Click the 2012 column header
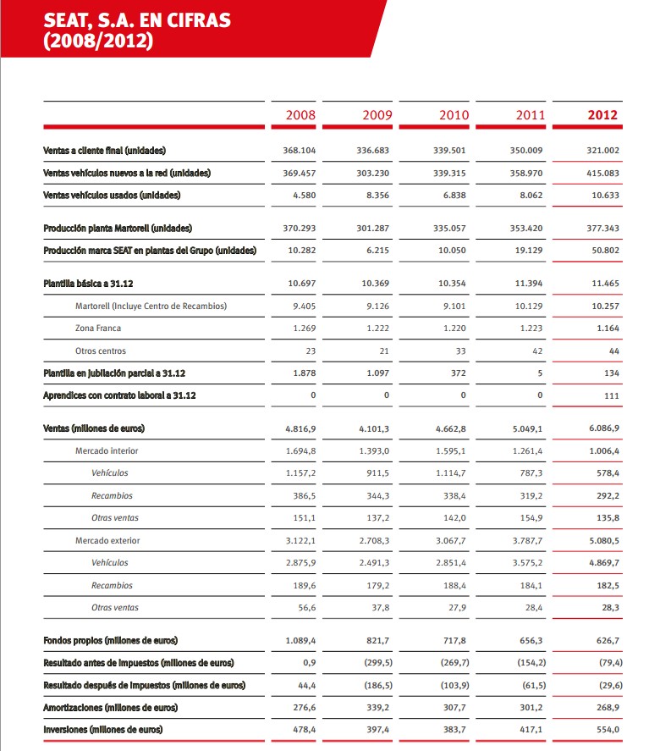[x=602, y=114]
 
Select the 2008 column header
[x=300, y=114]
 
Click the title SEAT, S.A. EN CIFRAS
[x=136, y=21]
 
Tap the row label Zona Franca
[x=98, y=328]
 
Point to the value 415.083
[x=602, y=173]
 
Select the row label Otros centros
[x=101, y=351]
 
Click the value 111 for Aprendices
[x=611, y=395]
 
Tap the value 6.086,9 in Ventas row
[x=602, y=428]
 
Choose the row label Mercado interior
[x=107, y=450]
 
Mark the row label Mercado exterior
[x=107, y=540]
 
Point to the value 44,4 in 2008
[x=305, y=684]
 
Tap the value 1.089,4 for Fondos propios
[x=300, y=640]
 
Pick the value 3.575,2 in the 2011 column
[x=529, y=562]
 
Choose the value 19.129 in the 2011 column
[x=531, y=251]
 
